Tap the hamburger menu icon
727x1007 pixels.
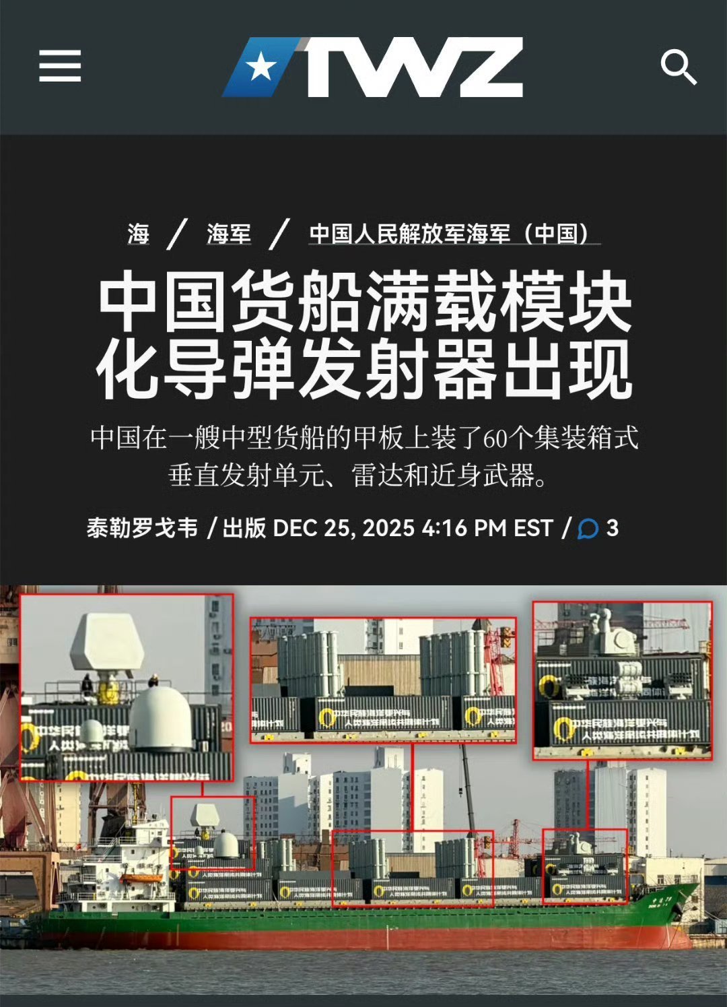tap(60, 66)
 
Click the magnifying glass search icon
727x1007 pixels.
tap(678, 67)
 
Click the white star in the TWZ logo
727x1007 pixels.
tap(261, 67)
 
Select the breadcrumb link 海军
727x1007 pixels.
tap(229, 234)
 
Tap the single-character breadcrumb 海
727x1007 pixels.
tap(138, 234)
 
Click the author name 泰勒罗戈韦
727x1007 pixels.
tap(142, 528)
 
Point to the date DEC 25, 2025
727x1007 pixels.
tap(343, 528)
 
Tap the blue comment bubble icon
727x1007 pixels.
tap(588, 529)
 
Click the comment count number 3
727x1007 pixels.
tap(612, 528)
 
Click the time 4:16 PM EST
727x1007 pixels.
tap(487, 528)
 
